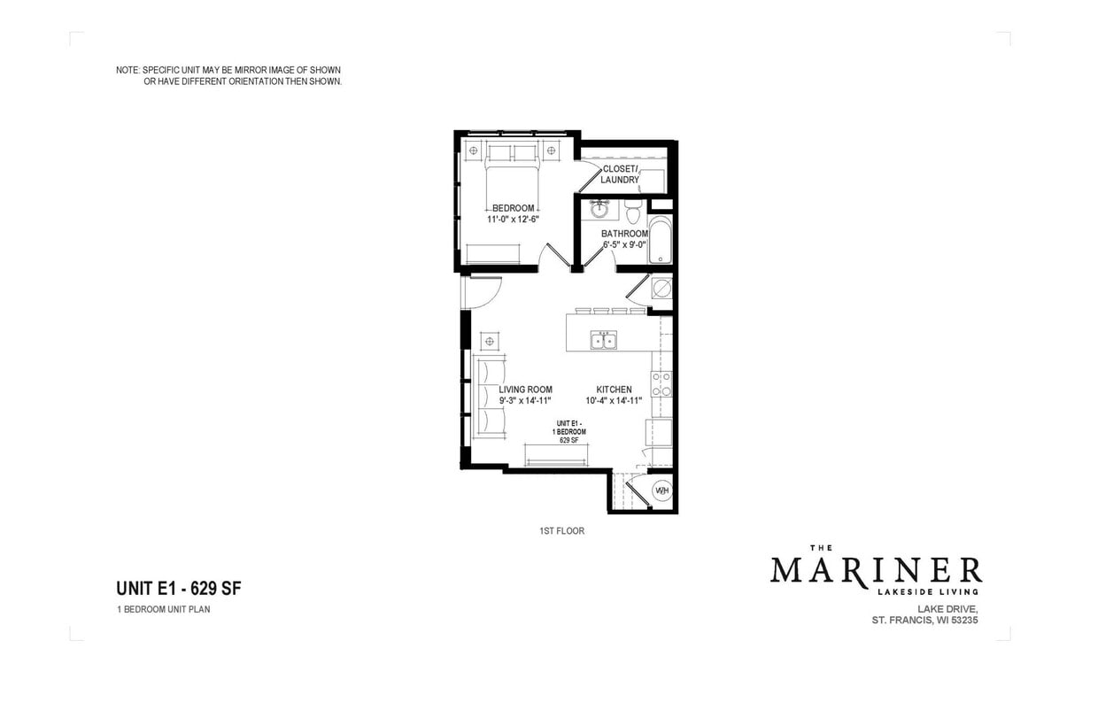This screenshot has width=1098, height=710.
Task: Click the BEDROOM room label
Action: pos(514,208)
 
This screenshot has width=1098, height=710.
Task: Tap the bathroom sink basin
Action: pos(599,210)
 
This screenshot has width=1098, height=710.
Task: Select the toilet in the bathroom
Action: pos(632,213)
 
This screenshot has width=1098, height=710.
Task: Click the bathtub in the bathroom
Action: pos(661,240)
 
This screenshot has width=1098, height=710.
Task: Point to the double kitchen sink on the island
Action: pos(605,341)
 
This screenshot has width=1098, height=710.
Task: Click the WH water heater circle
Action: pos(661,490)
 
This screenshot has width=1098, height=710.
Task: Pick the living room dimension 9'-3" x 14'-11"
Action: pos(525,400)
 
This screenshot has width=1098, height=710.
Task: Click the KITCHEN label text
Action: pos(614,390)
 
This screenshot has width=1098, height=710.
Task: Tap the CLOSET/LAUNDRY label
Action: pos(620,174)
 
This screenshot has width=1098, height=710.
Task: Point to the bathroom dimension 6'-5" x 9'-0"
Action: pos(625,245)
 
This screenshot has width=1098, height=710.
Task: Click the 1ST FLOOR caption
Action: pos(561,531)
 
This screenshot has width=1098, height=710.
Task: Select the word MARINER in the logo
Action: pos(875,570)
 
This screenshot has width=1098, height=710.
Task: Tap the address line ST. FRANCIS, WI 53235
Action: pos(924,621)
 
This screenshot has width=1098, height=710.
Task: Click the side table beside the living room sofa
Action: pos(490,342)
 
